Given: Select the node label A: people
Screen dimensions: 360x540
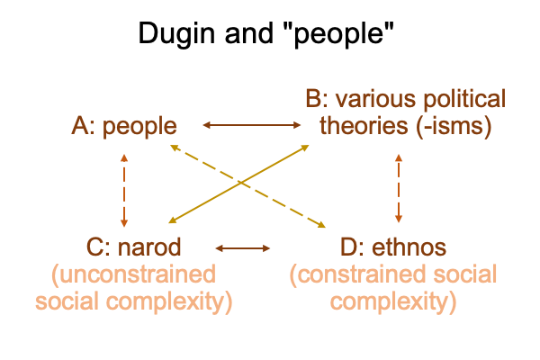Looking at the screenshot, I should pos(123,127).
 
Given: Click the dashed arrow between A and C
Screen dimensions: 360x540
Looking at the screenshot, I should pos(124,189).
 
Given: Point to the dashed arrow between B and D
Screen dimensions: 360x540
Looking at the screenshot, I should pos(399,189).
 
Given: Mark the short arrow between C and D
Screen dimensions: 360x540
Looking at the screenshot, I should pos(243,247).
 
